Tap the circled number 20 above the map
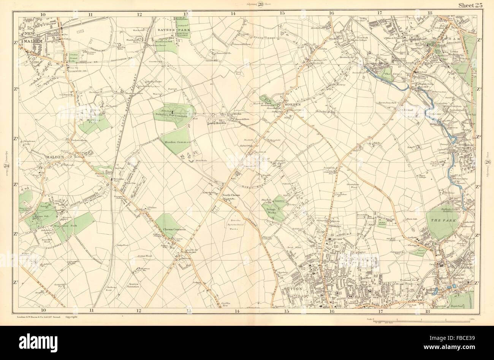pyautogui.click(x=261, y=4)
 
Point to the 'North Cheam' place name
pyautogui.click(x=230, y=196)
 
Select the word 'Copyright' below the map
pyautogui.click(x=71, y=316)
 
